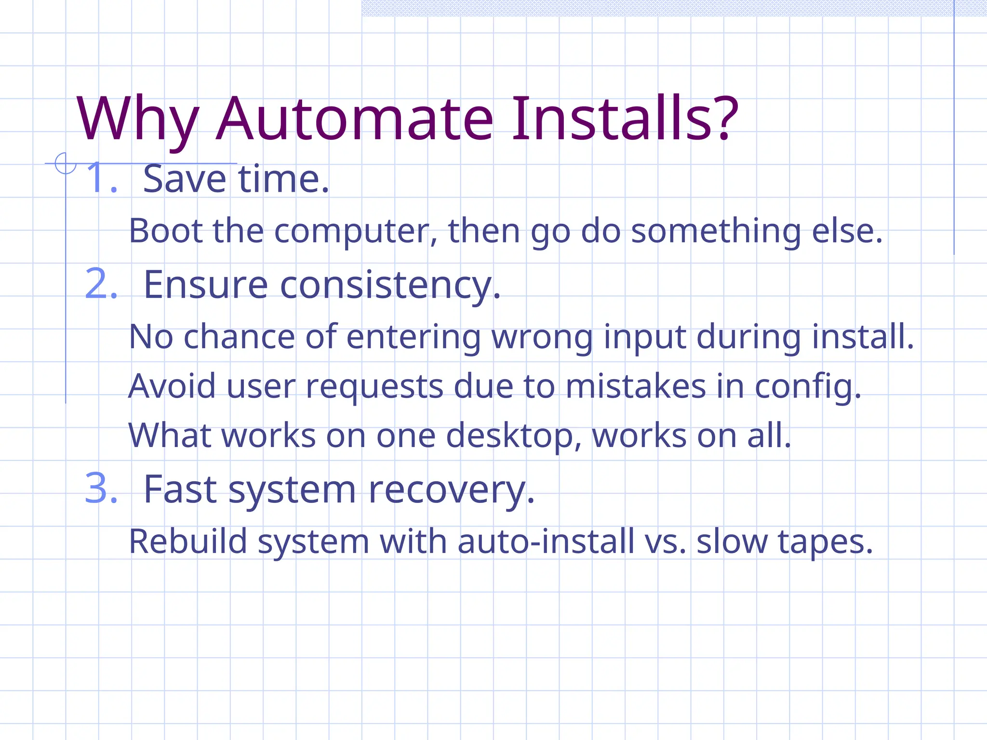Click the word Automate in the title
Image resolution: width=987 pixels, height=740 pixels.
[x=355, y=119]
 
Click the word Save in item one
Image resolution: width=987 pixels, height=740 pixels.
[x=185, y=179]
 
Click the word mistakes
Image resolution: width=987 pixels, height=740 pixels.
[x=636, y=386]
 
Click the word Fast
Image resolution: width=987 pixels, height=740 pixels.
[x=180, y=489]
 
